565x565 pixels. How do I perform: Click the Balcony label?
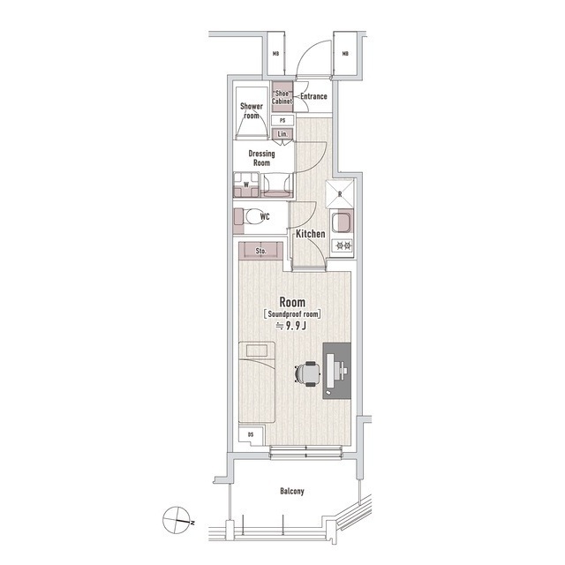(x=292, y=491)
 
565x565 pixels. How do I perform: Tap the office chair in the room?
(x=308, y=374)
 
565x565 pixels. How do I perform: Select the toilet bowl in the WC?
(x=254, y=216)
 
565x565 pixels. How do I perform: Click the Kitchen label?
(x=310, y=234)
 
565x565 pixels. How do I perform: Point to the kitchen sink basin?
(x=341, y=222)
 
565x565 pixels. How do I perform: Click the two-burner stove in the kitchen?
(x=343, y=246)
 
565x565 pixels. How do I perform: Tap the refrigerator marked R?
(x=340, y=194)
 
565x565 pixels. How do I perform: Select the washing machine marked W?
(x=246, y=185)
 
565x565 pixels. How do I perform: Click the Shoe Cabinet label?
(x=282, y=97)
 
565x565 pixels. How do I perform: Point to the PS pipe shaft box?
(x=282, y=120)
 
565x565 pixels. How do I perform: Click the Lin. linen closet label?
(x=282, y=134)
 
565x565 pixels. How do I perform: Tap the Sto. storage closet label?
(x=260, y=251)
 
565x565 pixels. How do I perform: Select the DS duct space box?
(x=251, y=435)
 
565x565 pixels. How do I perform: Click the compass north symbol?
(x=177, y=520)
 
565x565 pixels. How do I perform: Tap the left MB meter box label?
(x=275, y=54)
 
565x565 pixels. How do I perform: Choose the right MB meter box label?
(x=345, y=54)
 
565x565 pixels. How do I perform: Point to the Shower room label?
(x=252, y=110)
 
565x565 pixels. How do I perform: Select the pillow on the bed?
(x=256, y=350)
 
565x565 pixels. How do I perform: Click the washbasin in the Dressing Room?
(x=277, y=185)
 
